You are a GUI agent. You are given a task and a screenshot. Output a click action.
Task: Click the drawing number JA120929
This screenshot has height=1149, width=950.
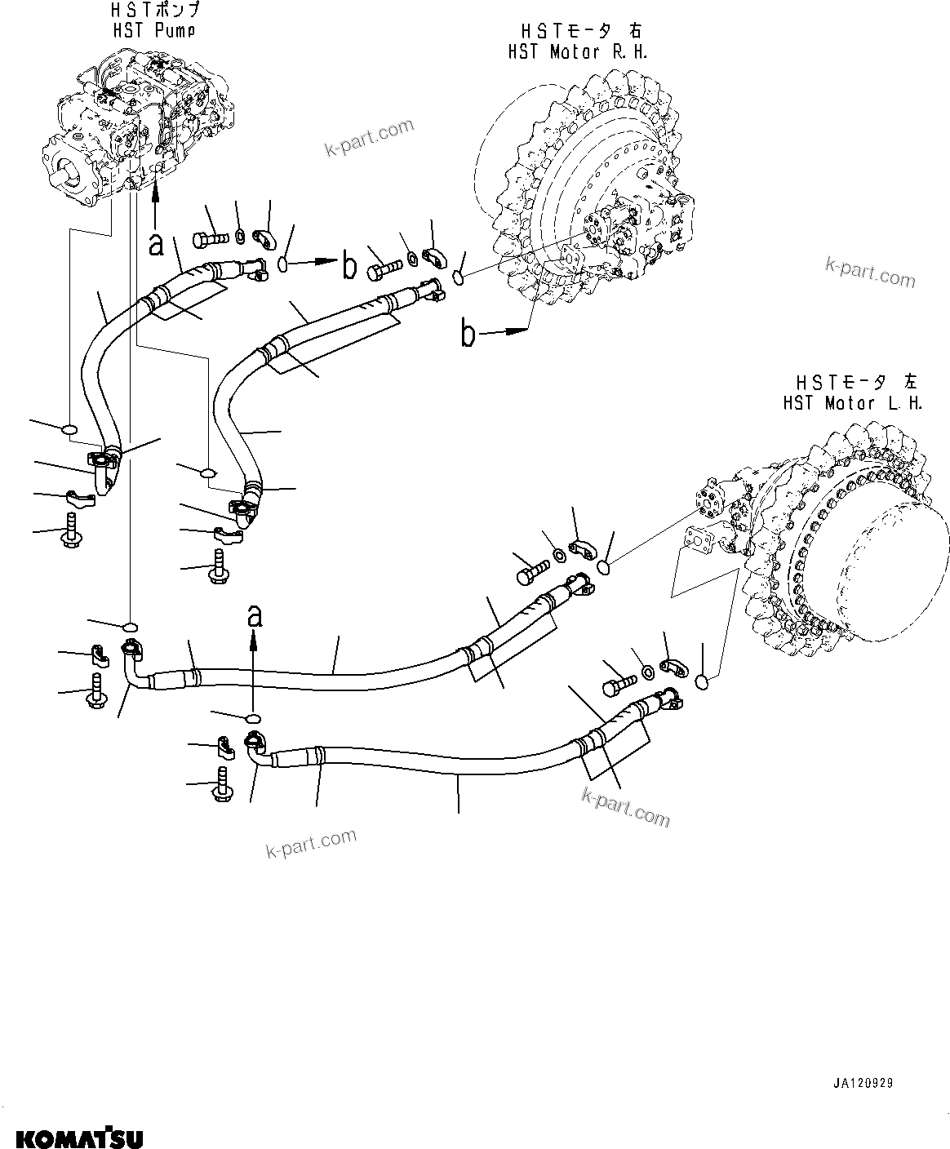point(863,1084)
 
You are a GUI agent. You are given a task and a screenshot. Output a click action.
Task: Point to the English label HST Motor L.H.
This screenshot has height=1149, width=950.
point(852,402)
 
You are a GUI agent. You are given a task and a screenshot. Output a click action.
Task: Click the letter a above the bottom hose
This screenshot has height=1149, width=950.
point(255,616)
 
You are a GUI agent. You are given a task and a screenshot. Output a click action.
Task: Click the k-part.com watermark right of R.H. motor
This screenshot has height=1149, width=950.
point(870,272)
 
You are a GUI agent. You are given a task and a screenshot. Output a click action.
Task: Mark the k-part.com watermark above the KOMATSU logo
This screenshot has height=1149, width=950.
point(312,845)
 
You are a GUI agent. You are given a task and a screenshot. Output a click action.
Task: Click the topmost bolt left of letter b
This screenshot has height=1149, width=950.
point(211,240)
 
